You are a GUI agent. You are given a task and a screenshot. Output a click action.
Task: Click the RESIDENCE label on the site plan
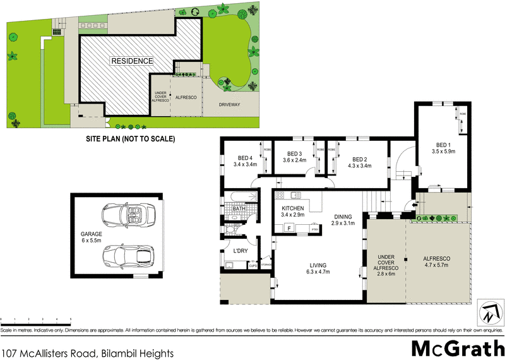132,61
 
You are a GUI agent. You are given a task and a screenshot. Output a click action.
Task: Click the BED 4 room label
246,158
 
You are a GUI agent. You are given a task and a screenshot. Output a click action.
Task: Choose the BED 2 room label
359,159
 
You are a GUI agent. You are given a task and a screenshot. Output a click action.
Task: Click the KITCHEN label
293,208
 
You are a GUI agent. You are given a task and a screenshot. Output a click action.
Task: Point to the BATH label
239,208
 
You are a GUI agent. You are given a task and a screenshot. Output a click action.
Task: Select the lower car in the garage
129,256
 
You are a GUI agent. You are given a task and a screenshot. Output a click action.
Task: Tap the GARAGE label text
83,234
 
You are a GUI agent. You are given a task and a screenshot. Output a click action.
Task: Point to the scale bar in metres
35,320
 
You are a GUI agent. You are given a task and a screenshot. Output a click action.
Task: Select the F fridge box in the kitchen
289,227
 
